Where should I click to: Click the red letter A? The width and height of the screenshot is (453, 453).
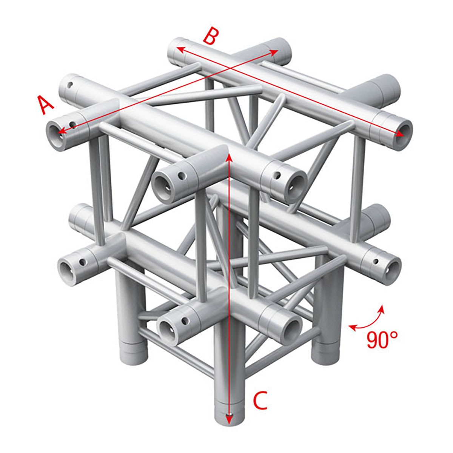pos(46,105)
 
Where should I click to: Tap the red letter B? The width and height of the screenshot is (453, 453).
pos(210,37)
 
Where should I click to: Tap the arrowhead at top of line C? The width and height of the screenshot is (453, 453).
pos(228,156)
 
